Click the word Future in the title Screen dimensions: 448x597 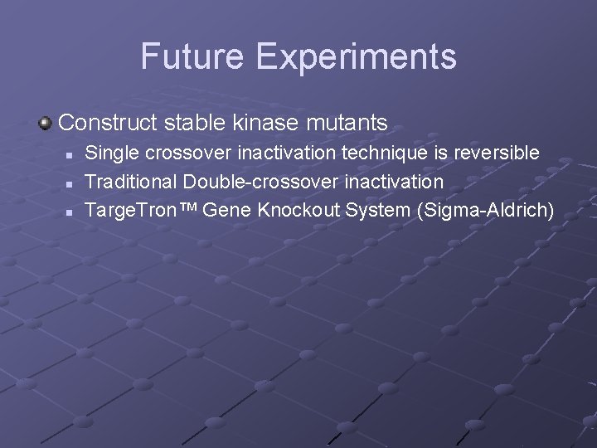(x=192, y=56)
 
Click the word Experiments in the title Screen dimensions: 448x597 (x=356, y=56)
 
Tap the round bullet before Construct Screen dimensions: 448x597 (x=46, y=124)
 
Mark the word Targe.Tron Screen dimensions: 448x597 (x=130, y=211)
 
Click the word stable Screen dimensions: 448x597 (x=194, y=124)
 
